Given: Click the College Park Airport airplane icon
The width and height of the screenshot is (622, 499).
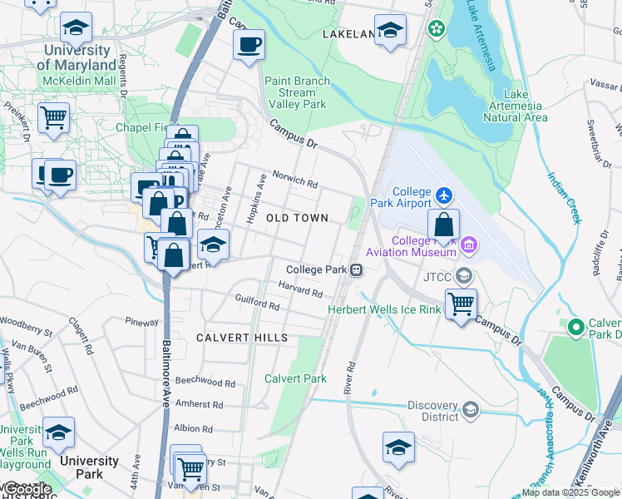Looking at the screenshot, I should click(x=445, y=195).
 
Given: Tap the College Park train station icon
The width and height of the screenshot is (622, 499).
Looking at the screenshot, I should click(x=356, y=269).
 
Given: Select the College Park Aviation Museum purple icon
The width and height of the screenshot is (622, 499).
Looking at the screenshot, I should click(x=469, y=245).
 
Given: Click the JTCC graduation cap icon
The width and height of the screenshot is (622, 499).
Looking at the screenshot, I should click(x=464, y=276).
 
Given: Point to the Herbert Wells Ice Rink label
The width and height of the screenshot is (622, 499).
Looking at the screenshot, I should click(x=383, y=309).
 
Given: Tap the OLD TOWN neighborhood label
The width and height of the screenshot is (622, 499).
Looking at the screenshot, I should click(x=297, y=218).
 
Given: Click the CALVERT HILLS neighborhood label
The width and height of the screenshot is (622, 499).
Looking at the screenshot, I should click(x=242, y=338).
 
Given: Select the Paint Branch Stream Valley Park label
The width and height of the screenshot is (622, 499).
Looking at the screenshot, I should click(x=297, y=93).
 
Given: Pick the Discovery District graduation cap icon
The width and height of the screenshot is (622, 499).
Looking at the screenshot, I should click(x=471, y=409).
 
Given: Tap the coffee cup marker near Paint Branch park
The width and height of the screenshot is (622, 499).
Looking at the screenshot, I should click(x=248, y=44).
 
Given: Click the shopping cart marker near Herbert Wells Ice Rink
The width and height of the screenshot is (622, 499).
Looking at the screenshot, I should click(x=461, y=304).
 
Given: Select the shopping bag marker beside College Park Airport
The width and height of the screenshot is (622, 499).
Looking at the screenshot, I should click(x=444, y=224).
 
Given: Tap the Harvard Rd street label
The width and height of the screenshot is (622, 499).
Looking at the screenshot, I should click(x=300, y=289).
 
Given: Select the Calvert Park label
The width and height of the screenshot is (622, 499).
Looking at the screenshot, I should click(x=295, y=378).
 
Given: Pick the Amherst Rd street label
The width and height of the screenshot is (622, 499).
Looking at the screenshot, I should click(x=199, y=405).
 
